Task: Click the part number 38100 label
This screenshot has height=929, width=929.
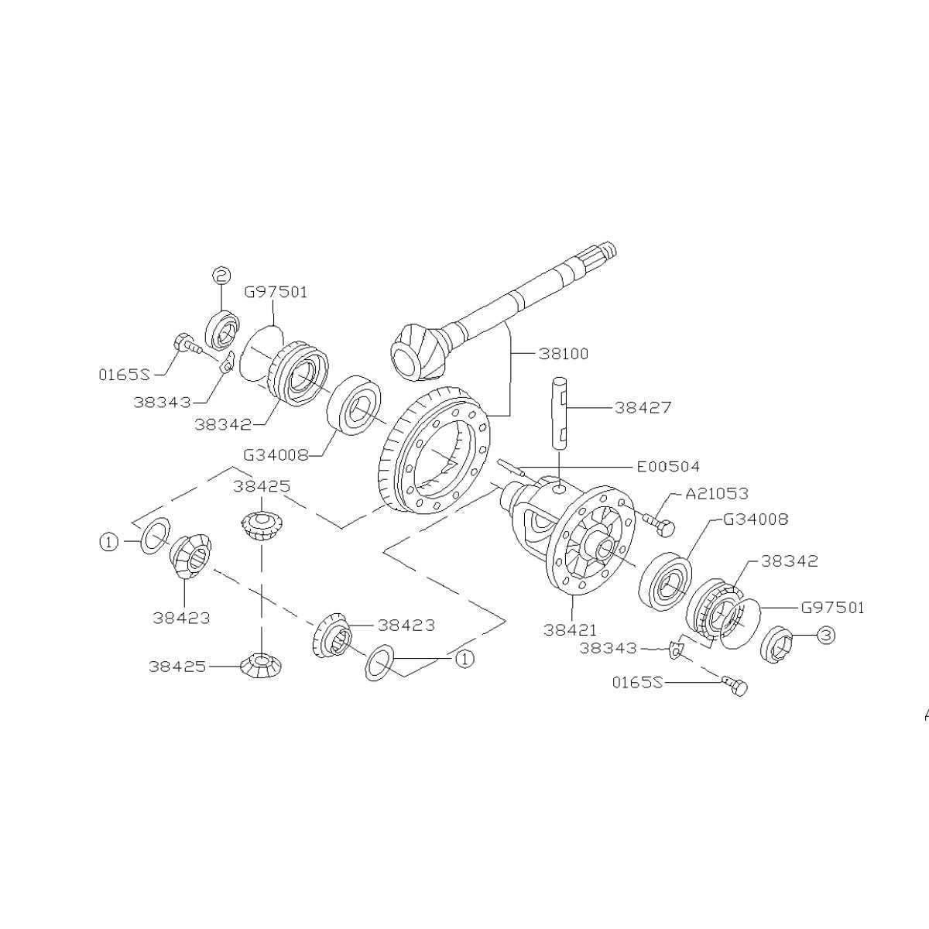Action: pyautogui.click(x=563, y=354)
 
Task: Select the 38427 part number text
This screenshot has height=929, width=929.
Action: pyautogui.click(x=643, y=407)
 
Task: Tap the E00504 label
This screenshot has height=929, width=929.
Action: pyautogui.click(x=668, y=466)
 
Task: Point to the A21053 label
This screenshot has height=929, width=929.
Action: pyautogui.click(x=717, y=494)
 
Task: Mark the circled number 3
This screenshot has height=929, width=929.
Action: pyautogui.click(x=825, y=635)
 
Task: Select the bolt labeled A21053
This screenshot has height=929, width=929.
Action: pyautogui.click(x=657, y=524)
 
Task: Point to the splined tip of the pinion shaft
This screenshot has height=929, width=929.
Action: pyautogui.click(x=604, y=252)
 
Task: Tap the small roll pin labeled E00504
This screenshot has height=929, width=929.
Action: pyautogui.click(x=511, y=468)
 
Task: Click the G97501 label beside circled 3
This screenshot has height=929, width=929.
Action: pyautogui.click(x=832, y=608)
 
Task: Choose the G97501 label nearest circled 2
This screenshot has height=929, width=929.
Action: pyautogui.click(x=276, y=292)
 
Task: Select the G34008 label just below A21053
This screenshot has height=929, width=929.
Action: pyautogui.click(x=756, y=519)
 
